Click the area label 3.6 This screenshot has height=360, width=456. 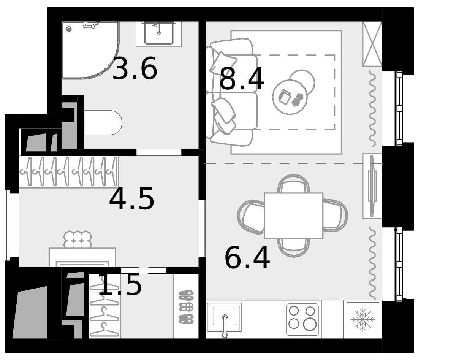[135, 68]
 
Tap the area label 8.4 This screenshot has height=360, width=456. [242, 79]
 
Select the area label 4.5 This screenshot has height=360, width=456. [131, 198]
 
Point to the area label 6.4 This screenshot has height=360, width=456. [247, 258]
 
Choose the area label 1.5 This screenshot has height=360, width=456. [120, 284]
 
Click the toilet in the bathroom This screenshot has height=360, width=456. [103, 122]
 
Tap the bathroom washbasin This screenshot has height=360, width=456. [159, 33]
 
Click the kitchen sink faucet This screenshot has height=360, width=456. [225, 326]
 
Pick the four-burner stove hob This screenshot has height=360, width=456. [302, 320]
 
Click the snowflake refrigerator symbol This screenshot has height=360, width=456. [363, 319]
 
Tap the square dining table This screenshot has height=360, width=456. [293, 216]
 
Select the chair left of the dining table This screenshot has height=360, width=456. [251, 217]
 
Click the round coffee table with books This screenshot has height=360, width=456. [290, 97]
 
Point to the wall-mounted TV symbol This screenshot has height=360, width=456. [372, 186]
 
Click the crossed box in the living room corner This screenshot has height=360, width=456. [372, 44]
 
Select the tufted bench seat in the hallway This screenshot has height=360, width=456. [78, 239]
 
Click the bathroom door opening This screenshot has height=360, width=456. [159, 152]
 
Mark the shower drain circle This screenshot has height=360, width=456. [69, 29]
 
